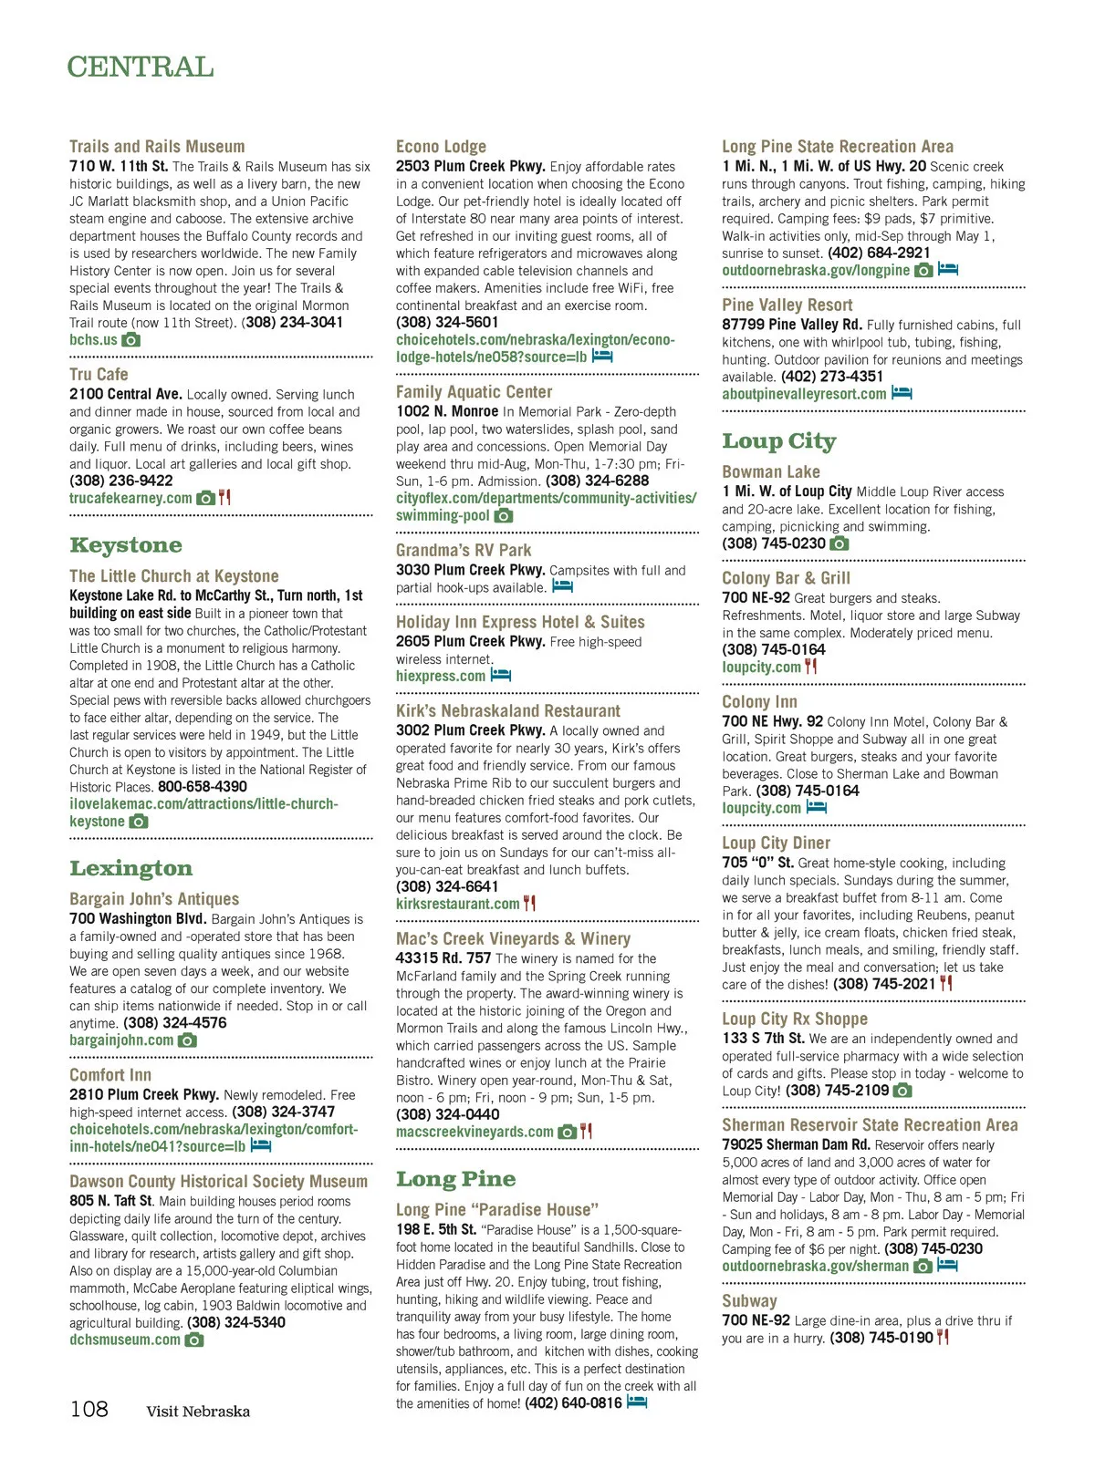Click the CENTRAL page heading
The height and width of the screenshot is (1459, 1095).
pos(141,67)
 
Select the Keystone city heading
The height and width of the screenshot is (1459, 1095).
pos(126,545)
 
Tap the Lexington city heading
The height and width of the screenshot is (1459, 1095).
pos(131,868)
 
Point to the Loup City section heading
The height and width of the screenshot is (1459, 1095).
pos(778,441)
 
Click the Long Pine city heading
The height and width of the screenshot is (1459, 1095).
pos(455,1179)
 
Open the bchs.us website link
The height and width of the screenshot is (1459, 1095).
pos(93,340)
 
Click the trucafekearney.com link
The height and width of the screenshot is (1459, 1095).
pos(130,499)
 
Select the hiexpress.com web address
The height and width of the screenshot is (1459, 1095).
pos(440,677)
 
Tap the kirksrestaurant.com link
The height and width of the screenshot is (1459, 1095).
pos(457,904)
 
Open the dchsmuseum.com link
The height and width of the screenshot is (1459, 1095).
pos(125,1340)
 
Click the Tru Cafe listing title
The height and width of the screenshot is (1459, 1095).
pos(99,375)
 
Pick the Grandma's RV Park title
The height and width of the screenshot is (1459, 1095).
pos(464,551)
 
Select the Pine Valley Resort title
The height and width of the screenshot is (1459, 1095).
pos(787,305)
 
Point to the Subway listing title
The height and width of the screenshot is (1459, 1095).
pos(749,1301)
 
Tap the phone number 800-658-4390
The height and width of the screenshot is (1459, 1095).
pos(203,787)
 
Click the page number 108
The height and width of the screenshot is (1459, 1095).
pos(89,1410)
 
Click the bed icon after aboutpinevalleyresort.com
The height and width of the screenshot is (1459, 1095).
pos(902,394)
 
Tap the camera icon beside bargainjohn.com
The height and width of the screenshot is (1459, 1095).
pos(187,1040)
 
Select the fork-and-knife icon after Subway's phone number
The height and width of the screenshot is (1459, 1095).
pos(944,1338)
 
